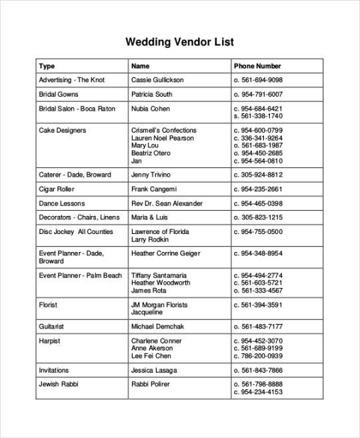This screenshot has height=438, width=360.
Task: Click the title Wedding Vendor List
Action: [x=179, y=43]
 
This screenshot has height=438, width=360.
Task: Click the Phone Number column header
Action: [x=257, y=66]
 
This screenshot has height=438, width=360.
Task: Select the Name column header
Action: [x=140, y=66]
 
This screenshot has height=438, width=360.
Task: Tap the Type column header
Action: [x=47, y=66]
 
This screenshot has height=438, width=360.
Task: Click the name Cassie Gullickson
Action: [x=157, y=80]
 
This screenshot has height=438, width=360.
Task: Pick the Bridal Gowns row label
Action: [x=59, y=95]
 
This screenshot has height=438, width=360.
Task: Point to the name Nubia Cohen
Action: [x=151, y=109]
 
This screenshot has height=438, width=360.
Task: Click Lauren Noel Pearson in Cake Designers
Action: [x=163, y=138]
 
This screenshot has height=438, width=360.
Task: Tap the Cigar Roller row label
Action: [x=57, y=189]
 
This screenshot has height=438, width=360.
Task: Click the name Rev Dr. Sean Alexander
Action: [x=167, y=203]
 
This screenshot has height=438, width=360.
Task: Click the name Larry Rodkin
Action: [x=150, y=239]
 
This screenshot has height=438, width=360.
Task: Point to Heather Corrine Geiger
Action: [x=165, y=253]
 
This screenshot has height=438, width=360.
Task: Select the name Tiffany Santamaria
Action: [x=159, y=275]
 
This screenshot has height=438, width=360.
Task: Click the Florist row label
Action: [x=48, y=305]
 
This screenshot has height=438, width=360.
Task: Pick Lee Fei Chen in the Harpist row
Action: [x=151, y=356]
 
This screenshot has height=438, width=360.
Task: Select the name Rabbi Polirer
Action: [x=151, y=384]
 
